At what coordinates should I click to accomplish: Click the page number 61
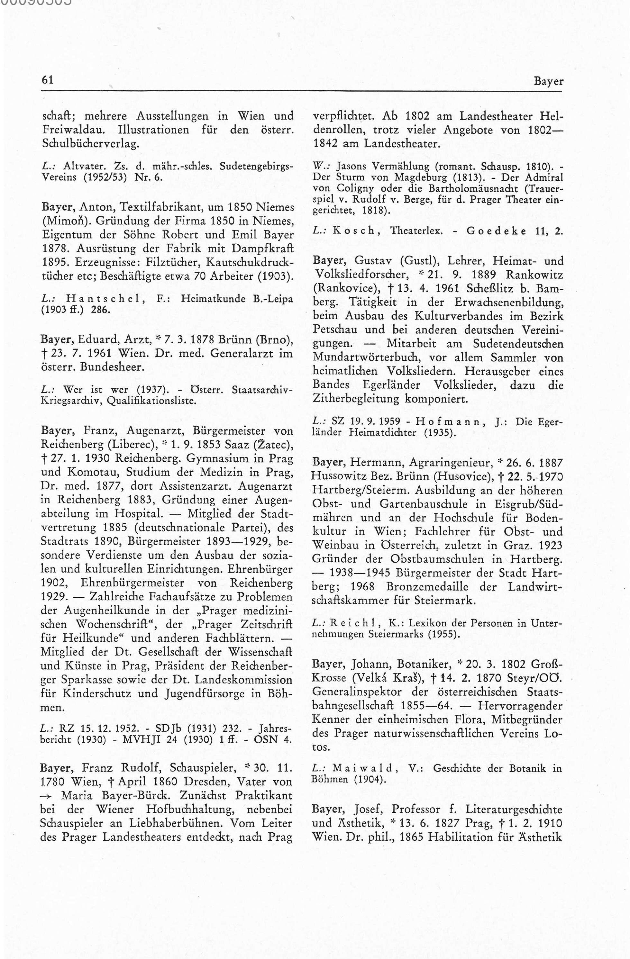(x=48, y=80)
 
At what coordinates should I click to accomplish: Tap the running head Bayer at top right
(x=548, y=81)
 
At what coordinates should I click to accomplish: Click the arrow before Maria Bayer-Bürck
(x=49, y=797)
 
